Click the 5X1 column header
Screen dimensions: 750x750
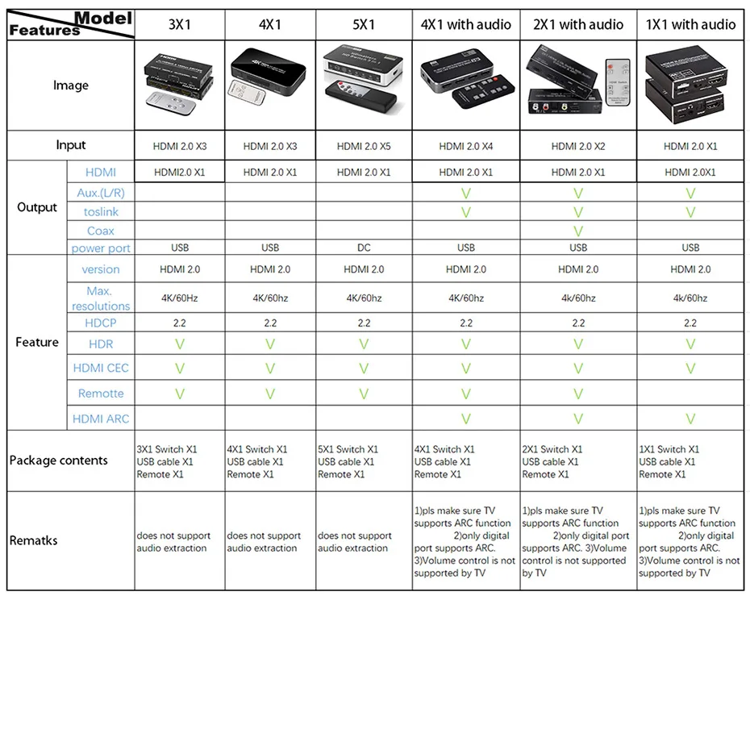coord(364,25)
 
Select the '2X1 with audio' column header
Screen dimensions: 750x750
coord(578,25)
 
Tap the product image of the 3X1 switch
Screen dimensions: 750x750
coord(180,85)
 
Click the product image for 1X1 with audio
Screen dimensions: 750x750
coord(690,85)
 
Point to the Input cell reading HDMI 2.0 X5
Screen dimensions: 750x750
coord(364,147)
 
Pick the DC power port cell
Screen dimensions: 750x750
coord(364,248)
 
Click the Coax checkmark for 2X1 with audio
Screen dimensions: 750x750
coord(578,231)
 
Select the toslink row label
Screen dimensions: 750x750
coord(101,211)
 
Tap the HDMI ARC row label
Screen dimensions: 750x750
coord(101,419)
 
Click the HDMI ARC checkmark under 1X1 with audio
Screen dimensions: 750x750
coord(690,419)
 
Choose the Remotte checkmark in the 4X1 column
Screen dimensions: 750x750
coord(270,394)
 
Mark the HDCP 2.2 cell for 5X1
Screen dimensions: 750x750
coord(364,323)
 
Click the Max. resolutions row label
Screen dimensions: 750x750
coord(101,298)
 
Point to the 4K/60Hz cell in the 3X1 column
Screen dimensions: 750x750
coord(180,298)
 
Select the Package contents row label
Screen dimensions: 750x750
coord(59,460)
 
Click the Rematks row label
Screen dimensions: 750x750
coord(34,540)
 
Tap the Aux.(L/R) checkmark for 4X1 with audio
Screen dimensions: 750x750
coord(465,194)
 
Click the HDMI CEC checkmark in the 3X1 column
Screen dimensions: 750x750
coord(180,369)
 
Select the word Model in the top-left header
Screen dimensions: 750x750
coord(103,18)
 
